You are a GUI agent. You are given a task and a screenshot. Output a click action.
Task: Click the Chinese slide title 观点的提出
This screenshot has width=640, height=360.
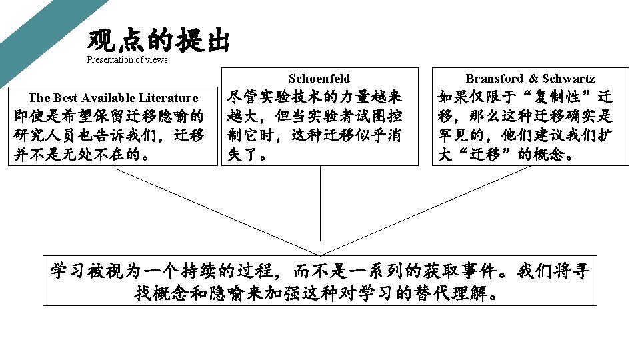(x=158, y=42)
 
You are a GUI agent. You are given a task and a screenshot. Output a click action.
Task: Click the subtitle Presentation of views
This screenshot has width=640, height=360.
(x=127, y=60)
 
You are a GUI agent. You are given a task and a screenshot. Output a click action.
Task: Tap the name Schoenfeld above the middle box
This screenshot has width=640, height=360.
(x=319, y=79)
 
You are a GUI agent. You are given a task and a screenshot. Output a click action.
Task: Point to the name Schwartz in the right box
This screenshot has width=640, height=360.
(x=569, y=79)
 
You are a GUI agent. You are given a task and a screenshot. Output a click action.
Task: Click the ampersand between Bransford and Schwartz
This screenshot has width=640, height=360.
(x=533, y=79)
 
